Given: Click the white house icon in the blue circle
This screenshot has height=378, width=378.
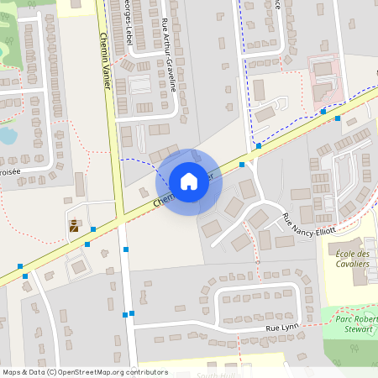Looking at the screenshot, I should click(188, 181).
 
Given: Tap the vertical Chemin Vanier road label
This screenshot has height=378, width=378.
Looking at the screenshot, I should click(106, 59).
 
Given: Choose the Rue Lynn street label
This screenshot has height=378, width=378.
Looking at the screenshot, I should click(281, 328).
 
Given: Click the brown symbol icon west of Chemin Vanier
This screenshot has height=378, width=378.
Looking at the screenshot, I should click(76, 225).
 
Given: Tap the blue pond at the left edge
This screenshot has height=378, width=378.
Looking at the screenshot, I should click(7, 134).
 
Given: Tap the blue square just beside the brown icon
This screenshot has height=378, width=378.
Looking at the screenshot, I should click(93, 228).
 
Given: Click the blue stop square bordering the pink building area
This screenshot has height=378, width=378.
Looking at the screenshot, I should click(323, 111).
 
